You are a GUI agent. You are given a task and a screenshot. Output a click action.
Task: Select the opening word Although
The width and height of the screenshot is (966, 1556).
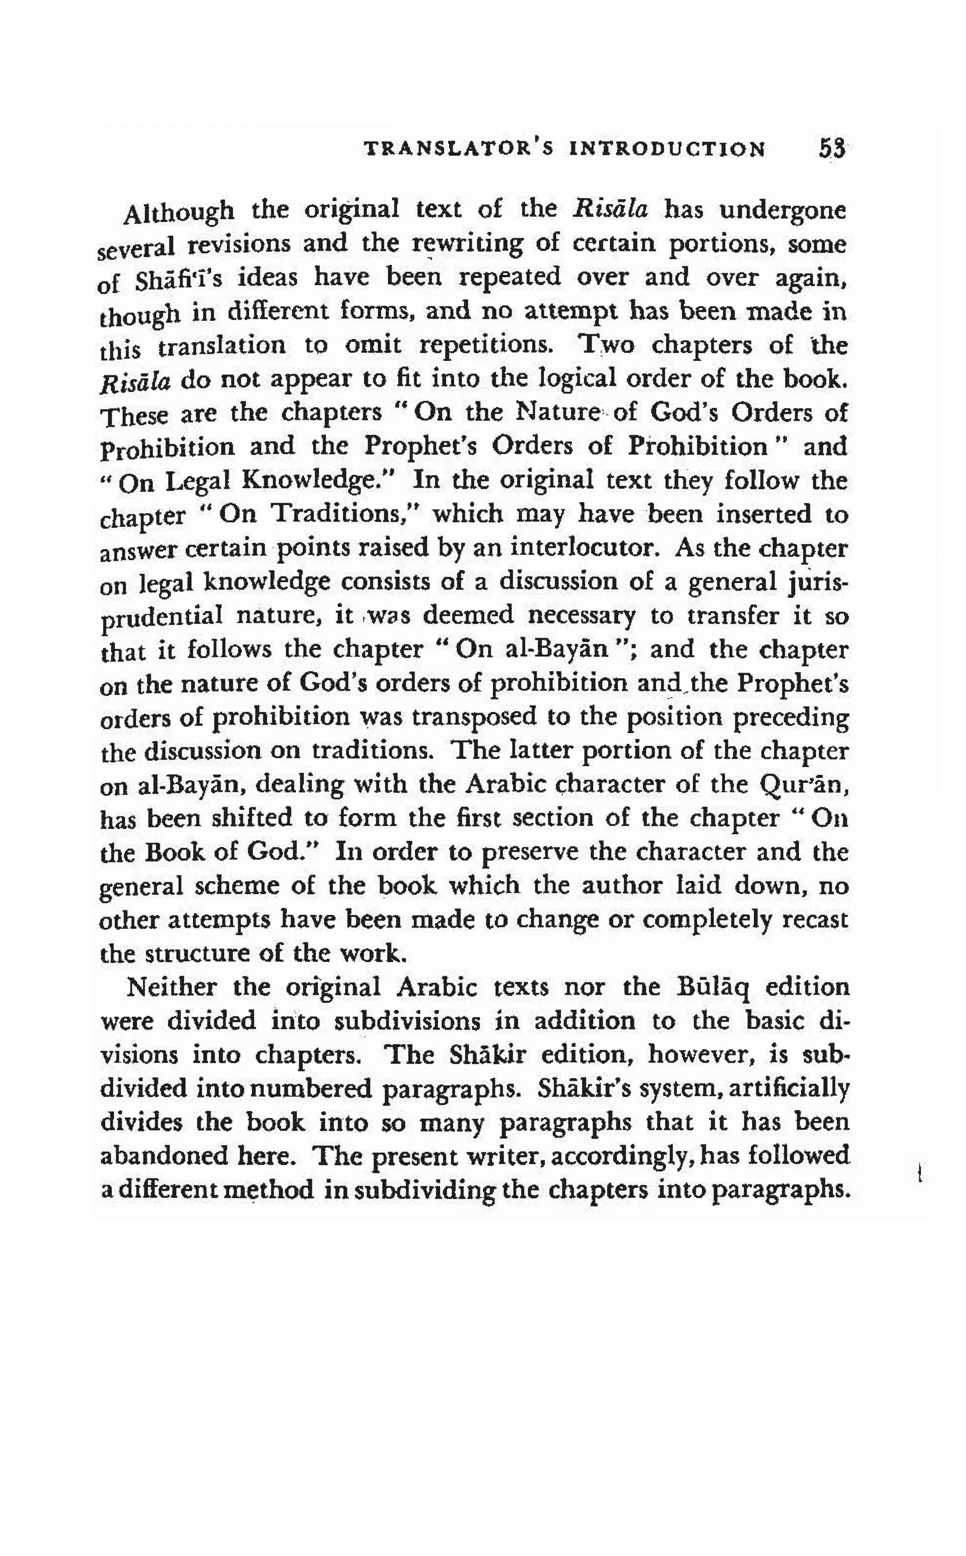click(178, 211)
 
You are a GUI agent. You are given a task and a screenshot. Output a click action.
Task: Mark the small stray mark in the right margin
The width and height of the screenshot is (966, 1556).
click(918, 1173)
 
